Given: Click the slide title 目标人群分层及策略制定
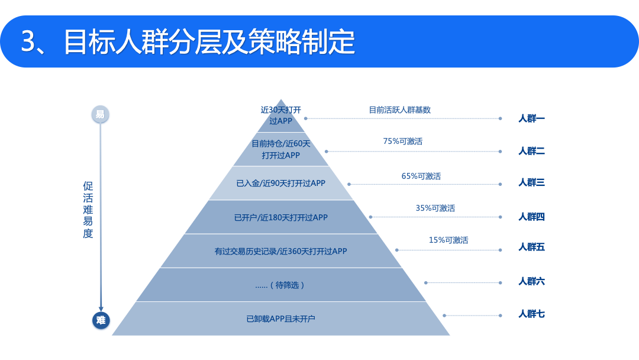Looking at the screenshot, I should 188,41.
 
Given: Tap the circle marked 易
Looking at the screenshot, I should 100,114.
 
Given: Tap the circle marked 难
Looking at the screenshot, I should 101,320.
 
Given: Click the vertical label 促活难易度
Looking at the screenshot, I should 88,210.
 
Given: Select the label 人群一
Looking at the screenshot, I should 531,118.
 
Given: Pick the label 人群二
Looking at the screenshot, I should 531,151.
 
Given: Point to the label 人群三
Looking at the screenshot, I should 531,182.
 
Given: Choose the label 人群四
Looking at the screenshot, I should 531,217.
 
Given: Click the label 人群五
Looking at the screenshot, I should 531,247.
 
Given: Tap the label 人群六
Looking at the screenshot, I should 531,281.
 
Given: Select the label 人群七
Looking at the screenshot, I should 531,314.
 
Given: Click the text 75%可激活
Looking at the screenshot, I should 403,141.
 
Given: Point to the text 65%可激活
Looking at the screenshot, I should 421,176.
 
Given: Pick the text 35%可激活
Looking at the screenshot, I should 435,208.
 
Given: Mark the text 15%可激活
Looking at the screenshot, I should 448,240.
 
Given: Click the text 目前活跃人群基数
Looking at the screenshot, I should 399,110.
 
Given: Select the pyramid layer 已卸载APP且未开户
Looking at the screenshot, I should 281,319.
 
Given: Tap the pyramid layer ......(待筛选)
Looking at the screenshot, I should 281,285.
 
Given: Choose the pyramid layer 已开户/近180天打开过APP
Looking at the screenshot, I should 281,217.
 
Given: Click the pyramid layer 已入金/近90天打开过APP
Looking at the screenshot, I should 281,183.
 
